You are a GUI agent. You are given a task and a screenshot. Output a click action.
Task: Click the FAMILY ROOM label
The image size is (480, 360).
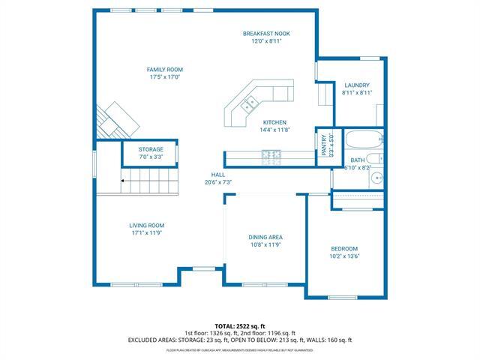(x=164, y=70)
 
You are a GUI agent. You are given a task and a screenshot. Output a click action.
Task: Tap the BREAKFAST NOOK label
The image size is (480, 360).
(x=266, y=34)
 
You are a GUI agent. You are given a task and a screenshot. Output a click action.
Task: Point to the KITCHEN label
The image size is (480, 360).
(x=274, y=122)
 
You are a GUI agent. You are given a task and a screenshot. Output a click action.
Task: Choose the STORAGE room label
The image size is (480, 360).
(x=151, y=150)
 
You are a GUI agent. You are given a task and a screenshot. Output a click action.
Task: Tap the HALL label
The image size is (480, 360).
(x=217, y=174)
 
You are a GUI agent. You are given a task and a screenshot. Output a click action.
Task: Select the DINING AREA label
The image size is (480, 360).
(x=266, y=237)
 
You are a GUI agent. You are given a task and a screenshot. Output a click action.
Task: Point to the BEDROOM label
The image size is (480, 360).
(x=345, y=248)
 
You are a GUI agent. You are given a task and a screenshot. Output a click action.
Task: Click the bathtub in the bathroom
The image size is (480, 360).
(x=365, y=139)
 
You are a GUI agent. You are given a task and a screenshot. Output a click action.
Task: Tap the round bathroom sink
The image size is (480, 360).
(x=377, y=178)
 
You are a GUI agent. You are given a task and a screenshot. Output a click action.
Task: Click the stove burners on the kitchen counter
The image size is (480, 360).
(x=271, y=156)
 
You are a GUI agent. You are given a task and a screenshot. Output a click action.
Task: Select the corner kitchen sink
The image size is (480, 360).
(x=251, y=103)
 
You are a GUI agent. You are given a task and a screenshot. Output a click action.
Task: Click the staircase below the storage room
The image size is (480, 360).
(x=150, y=180)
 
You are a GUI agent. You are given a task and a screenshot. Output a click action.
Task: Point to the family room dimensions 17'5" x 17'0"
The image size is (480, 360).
(x=164, y=77)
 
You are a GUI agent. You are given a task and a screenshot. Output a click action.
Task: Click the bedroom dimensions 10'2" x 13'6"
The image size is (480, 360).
(x=345, y=256)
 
